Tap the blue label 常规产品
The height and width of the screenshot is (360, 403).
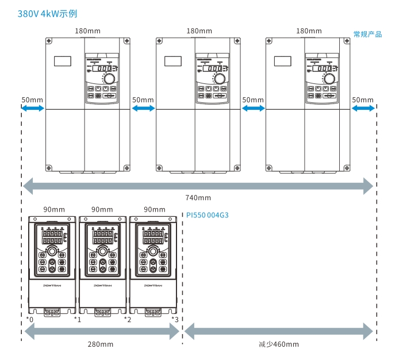coord(367,35)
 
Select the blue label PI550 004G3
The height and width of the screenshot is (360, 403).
coord(207,215)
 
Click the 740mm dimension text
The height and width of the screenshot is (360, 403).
coord(198,198)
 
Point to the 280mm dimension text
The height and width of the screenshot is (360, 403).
coord(101,344)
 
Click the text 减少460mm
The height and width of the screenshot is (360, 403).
coord(279,344)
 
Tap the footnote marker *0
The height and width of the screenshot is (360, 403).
coord(30,319)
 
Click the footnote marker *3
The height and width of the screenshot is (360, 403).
coord(175,319)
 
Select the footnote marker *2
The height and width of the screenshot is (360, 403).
coord(128,319)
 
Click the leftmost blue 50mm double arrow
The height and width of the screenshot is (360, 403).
coord(33,108)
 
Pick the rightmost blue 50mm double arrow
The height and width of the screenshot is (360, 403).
coord(363,108)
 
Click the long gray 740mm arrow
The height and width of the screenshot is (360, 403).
coord(198,185)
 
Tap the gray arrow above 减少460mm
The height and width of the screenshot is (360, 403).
coord(278,331)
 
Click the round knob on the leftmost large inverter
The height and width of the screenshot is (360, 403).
coord(108,79)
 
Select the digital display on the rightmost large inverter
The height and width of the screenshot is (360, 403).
coord(326,68)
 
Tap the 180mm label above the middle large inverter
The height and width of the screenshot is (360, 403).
coord(199,31)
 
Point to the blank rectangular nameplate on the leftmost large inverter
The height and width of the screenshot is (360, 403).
coord(62,60)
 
